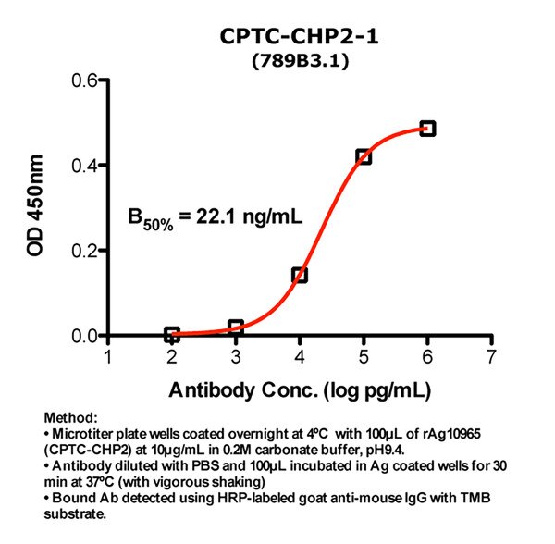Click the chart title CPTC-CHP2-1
click(300, 37)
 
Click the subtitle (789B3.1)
click(300, 62)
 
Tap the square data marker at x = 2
click(172, 334)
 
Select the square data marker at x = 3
click(236, 328)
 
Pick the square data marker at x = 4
click(300, 275)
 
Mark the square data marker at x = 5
click(364, 156)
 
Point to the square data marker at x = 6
click(427, 128)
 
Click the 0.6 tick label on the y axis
click(86, 81)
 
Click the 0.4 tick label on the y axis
click(86, 166)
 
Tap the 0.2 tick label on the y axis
click(86, 251)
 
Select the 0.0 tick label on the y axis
click(86, 335)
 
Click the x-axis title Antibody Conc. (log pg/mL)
click(300, 389)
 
